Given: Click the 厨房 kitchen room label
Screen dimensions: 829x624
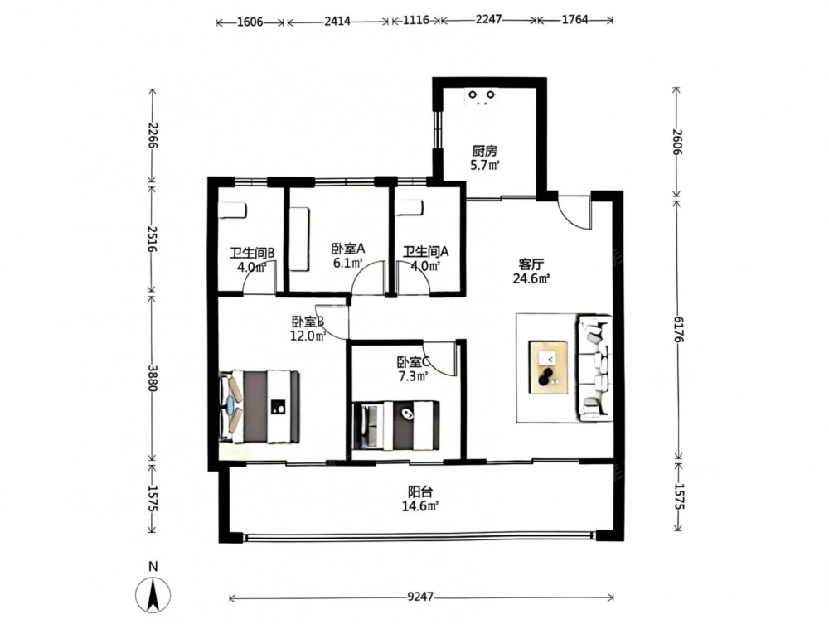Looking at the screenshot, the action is [484, 151].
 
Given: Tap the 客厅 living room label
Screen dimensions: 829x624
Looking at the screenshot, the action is [531, 264].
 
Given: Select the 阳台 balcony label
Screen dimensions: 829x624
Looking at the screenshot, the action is [420, 491].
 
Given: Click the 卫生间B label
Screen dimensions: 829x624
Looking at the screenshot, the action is [252, 253].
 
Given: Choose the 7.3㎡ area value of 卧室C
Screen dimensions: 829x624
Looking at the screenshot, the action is [412, 376].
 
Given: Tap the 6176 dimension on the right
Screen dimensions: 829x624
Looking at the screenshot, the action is [678, 329].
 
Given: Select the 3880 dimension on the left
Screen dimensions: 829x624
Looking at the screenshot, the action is [153, 378].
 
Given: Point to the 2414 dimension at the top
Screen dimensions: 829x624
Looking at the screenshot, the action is [337, 22].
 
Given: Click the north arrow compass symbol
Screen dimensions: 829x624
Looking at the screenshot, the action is [153, 595].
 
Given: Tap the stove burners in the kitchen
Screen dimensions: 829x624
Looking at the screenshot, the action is [481, 96].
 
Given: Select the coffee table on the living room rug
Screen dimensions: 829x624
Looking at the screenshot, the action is [548, 366].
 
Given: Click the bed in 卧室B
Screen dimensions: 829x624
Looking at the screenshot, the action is [259, 405].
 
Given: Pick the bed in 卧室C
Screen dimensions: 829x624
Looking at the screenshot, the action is [395, 425].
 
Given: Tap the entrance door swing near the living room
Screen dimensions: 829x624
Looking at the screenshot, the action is [574, 212].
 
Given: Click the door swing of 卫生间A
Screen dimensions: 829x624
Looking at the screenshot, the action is [416, 279].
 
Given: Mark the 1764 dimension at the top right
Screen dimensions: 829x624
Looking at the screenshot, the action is [574, 21].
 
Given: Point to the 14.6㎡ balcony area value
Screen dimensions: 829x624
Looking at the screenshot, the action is [420, 505].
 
